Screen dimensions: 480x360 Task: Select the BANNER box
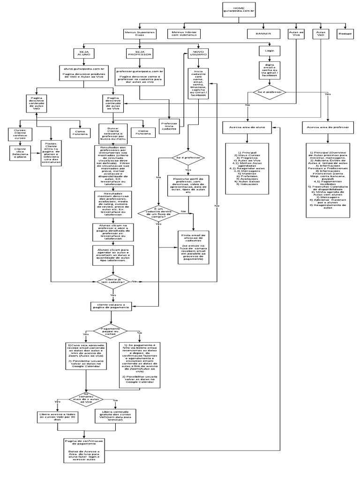pyautogui.click(x=263, y=34)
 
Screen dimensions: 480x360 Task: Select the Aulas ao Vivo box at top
pyautogui.click(x=295, y=34)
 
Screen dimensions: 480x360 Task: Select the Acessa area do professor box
pyautogui.click(x=328, y=127)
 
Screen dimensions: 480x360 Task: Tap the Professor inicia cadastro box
pyautogui.click(x=171, y=126)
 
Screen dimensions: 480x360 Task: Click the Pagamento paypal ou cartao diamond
pyautogui.click(x=110, y=331)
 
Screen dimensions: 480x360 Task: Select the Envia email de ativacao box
pyautogui.click(x=193, y=247)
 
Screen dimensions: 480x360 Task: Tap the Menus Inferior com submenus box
pyautogui.click(x=183, y=34)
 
